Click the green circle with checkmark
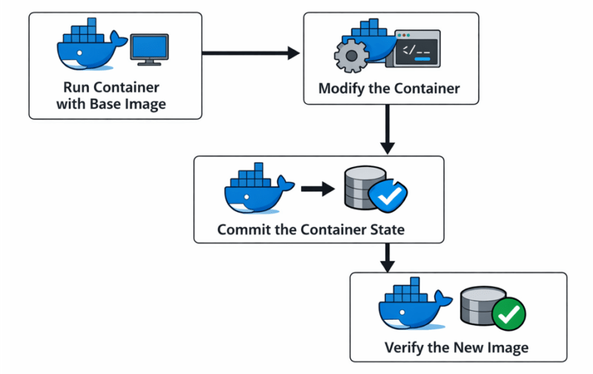[x=508, y=315]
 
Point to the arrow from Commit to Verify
[x=386, y=257]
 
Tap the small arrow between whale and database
[x=317, y=190]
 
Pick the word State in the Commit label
[x=386, y=229]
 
